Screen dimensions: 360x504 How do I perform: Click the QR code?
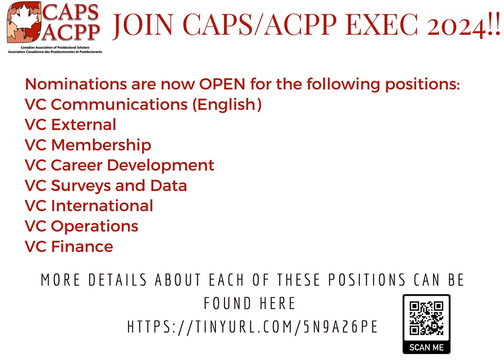pyautogui.click(x=426, y=318)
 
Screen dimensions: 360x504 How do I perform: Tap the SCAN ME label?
pyautogui.click(x=426, y=347)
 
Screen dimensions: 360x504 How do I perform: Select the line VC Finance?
pyautogui.click(x=69, y=246)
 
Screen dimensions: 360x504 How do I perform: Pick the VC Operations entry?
pyautogui.click(x=81, y=226)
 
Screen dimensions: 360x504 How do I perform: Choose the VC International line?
pyautogui.click(x=89, y=206)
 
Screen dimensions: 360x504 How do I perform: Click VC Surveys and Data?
pyautogui.click(x=106, y=185)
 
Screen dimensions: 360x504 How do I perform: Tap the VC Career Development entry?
pyautogui.click(x=120, y=165)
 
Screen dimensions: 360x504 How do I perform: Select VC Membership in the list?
pyautogui.click(x=88, y=145)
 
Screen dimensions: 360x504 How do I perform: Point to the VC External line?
pyautogui.click(x=71, y=125)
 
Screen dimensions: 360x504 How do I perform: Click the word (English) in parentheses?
pyautogui.click(x=227, y=105)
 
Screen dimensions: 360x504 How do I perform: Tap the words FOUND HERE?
pyautogui.click(x=250, y=303)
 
